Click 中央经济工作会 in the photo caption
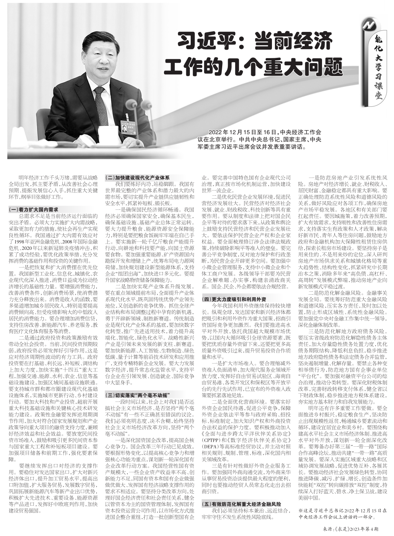[301, 132]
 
